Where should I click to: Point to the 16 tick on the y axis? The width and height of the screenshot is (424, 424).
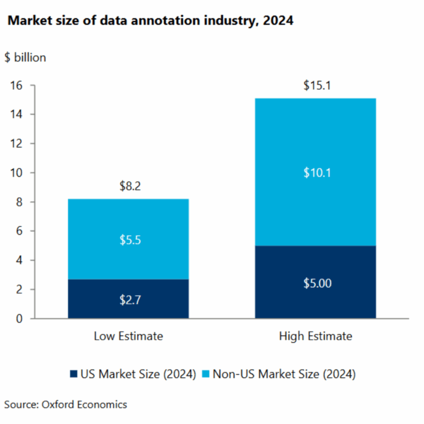pyautogui.click(x=19, y=86)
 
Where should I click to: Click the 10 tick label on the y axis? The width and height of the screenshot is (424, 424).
pyautogui.click(x=19, y=173)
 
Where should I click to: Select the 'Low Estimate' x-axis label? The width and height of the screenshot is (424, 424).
pyautogui.click(x=128, y=336)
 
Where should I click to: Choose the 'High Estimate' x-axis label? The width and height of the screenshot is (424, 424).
pyautogui.click(x=316, y=336)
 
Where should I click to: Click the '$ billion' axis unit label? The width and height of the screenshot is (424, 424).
pyautogui.click(x=25, y=58)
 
